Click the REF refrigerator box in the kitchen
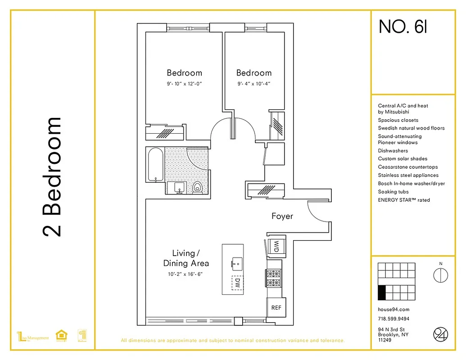[x=276, y=308]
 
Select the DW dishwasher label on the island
[x=237, y=283]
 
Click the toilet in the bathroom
[x=197, y=187]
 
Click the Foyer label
[x=282, y=216]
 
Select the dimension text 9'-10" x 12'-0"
[x=184, y=84]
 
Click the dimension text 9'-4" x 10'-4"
[x=253, y=84]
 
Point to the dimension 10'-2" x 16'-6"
[x=185, y=274]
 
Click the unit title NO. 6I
[x=403, y=27]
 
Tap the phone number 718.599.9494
[x=394, y=319]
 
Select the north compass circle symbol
[x=440, y=275]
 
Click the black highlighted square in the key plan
[x=382, y=292]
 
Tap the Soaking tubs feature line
[x=394, y=192]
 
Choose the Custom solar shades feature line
[x=403, y=158]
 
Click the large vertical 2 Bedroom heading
[x=52, y=177]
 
